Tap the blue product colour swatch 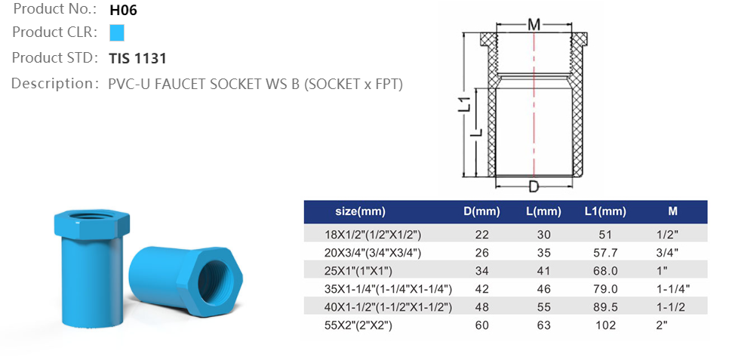[116, 33]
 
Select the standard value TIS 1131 [137, 58]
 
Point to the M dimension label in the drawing [534, 24]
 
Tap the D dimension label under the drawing [534, 186]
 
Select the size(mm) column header [360, 211]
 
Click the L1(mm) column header [605, 211]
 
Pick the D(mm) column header [481, 211]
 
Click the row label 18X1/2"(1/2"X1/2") [373, 235]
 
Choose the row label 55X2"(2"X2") [359, 325]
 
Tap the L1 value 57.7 [605, 253]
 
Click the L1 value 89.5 [605, 307]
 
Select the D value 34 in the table [481, 271]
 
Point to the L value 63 [543, 325]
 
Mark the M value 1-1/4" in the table [673, 289]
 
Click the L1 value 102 [605, 325]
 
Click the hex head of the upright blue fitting [85, 223]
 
